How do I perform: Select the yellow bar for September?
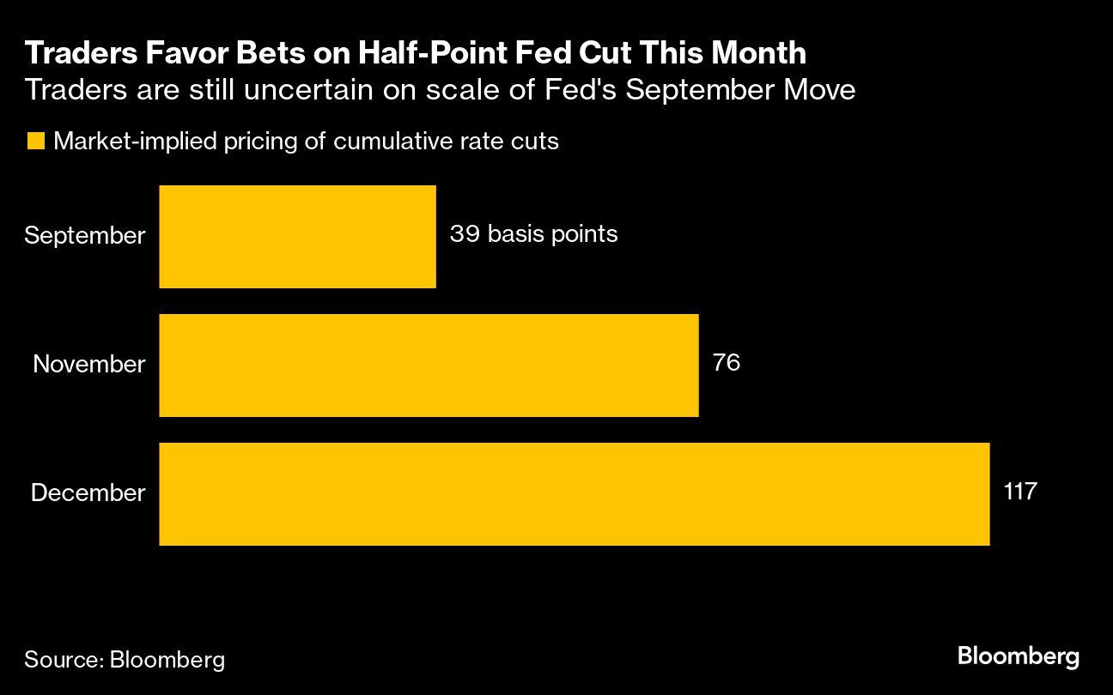point(297,237)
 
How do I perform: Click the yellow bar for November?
point(429,366)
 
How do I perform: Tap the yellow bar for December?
point(574,494)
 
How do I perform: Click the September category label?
point(85,236)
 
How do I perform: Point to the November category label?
point(89,365)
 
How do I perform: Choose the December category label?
point(88,493)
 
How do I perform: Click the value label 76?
point(726,363)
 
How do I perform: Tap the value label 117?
point(1020,492)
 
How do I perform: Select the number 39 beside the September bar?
point(464,234)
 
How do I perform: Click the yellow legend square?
point(35,142)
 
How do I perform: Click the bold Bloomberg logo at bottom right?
point(1018,657)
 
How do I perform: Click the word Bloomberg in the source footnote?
point(167,660)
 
